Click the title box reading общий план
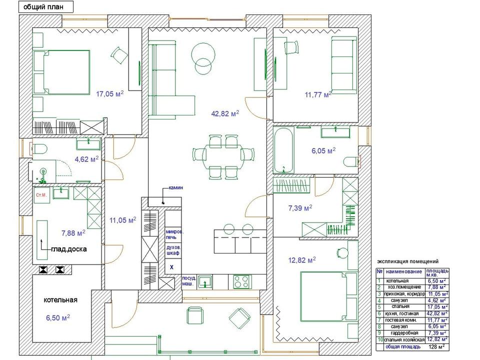click(x=46, y=7)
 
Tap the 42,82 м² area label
click(x=225, y=113)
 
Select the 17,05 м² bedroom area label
click(x=110, y=93)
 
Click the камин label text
click(x=175, y=187)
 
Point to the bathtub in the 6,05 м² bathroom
click(x=283, y=150)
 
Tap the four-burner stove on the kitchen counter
click(x=242, y=281)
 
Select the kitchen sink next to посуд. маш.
click(x=205, y=281)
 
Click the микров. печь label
click(x=175, y=234)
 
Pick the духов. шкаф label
click(x=173, y=250)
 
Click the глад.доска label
click(x=69, y=249)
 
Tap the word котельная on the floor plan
click(x=60, y=300)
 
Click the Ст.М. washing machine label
click(x=41, y=195)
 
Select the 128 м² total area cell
click(x=437, y=347)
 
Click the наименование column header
click(x=404, y=271)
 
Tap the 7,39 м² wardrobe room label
click(x=300, y=208)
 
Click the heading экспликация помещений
click(x=408, y=261)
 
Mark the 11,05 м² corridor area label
click(x=123, y=220)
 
